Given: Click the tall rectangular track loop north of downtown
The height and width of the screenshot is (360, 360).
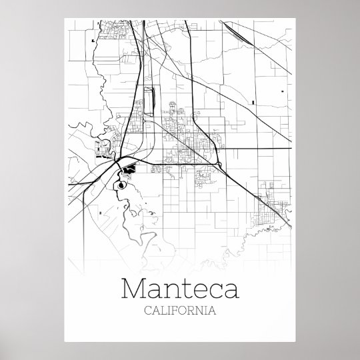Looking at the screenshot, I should (x=148, y=99).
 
